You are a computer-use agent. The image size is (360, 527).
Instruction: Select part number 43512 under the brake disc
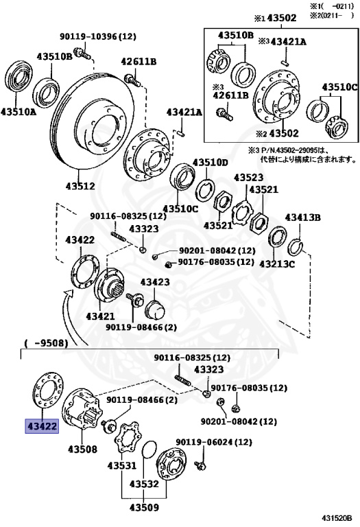80,186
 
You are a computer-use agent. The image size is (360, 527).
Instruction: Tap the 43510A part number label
18,110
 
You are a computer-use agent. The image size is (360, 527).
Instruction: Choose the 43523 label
248,177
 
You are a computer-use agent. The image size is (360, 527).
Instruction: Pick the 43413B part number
302,218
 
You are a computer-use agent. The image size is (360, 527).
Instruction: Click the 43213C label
277,263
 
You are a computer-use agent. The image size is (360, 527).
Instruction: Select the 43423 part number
155,282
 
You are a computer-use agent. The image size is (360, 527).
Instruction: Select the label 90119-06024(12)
215,443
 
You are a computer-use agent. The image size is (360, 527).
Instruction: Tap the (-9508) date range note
46,344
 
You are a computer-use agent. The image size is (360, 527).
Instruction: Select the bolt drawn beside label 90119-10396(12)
80,52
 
